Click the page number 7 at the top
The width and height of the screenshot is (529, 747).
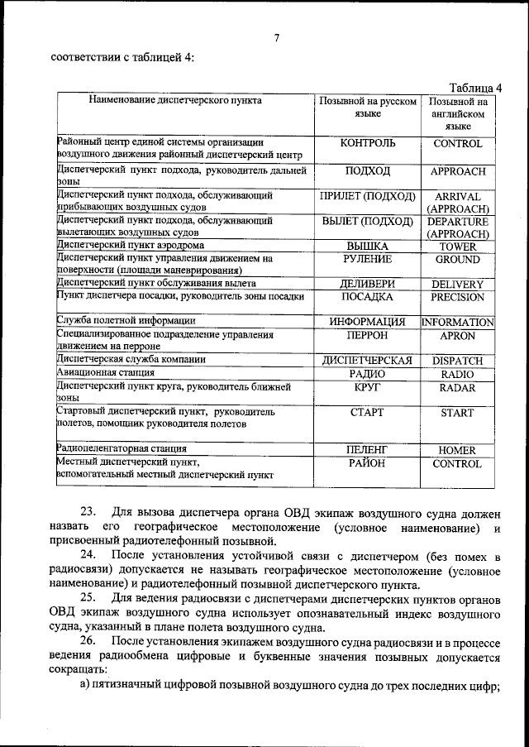(277, 36)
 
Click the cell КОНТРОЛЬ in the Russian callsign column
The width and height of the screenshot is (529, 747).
(367, 143)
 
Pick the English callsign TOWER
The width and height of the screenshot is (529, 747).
(457, 247)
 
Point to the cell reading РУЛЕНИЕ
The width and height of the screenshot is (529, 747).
(367, 259)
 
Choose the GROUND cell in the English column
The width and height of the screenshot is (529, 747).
(457, 260)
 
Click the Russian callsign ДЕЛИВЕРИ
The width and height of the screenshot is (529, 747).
(367, 284)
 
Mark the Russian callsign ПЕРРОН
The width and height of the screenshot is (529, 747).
(367, 336)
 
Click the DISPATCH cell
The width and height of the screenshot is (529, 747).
(457, 361)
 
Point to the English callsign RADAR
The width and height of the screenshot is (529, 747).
(457, 386)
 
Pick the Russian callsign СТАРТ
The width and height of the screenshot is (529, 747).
(367, 412)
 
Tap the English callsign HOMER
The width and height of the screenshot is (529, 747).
(457, 450)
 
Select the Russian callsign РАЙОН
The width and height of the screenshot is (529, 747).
(367, 463)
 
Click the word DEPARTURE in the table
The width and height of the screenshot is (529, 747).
(457, 222)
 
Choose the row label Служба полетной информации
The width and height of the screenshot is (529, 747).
(126, 320)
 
